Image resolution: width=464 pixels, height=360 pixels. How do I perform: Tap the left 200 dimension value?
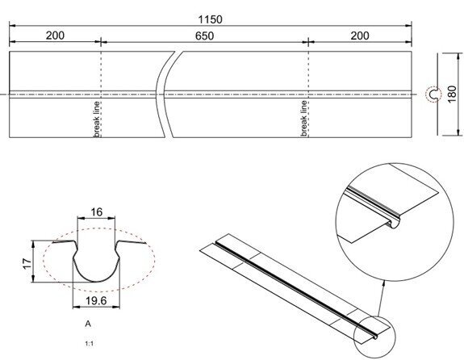56,36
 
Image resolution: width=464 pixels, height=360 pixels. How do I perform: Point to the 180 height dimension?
452,95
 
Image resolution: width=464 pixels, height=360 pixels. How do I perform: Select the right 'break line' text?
304,118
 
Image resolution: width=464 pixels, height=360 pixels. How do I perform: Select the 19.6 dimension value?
97,299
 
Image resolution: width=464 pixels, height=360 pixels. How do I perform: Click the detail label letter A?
86,321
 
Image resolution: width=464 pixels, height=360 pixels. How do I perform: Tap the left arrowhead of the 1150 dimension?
14,27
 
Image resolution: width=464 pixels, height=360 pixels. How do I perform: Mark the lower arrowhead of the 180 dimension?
440,132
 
